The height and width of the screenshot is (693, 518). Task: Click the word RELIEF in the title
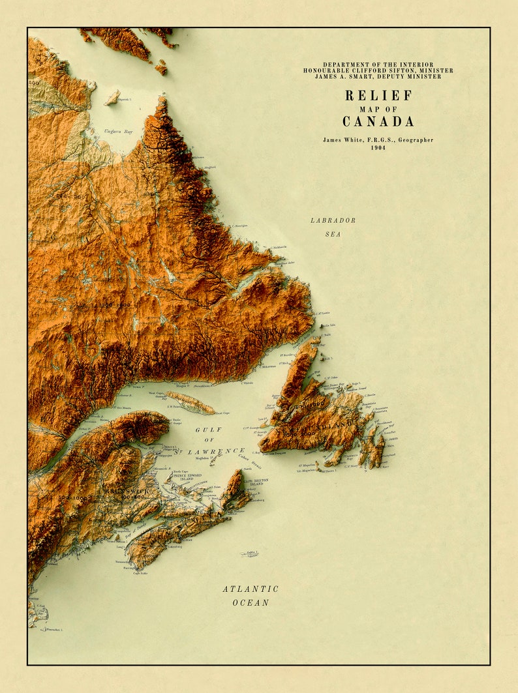(x=378, y=95)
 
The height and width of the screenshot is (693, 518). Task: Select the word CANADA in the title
(x=378, y=121)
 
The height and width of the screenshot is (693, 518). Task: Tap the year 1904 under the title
(x=378, y=148)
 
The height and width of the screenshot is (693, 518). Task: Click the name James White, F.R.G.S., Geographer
(x=378, y=140)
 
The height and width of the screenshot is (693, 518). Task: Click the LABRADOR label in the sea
(x=333, y=220)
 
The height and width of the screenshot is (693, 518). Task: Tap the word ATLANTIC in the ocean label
(x=251, y=589)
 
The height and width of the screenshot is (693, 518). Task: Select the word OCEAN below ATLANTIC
(x=251, y=602)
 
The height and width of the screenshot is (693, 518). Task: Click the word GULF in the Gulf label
(x=209, y=430)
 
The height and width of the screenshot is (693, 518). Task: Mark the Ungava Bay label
(x=118, y=132)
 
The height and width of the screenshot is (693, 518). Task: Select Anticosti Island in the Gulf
(x=189, y=403)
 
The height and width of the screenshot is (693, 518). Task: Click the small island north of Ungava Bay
(x=113, y=98)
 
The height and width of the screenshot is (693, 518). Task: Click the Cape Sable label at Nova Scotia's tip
(x=140, y=573)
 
